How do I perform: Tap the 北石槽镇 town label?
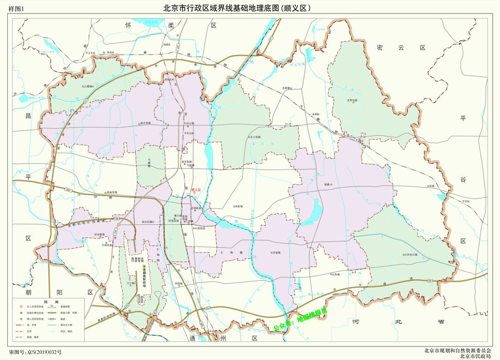point(87,86)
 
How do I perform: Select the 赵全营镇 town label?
point(145,123)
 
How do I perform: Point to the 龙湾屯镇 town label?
point(352,100)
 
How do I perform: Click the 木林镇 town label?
point(287,88)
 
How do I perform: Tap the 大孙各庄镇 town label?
point(410,254)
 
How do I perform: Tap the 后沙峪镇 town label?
point(100,234)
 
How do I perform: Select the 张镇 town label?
point(431,186)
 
